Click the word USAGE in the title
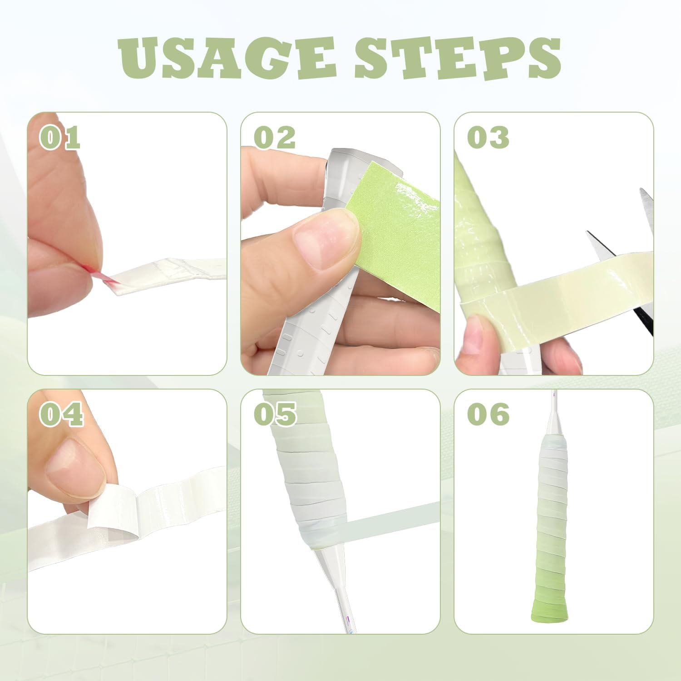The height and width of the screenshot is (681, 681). (227, 58)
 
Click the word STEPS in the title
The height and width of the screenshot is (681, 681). (458, 58)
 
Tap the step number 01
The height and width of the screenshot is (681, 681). (60, 138)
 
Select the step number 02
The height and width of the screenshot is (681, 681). (275, 138)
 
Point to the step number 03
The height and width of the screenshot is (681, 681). (488, 138)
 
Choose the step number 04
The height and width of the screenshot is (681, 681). (61, 414)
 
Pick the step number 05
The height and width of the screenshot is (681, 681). (275, 414)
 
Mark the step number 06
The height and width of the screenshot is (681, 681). (488, 414)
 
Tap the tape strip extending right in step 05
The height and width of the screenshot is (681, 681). (390, 520)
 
